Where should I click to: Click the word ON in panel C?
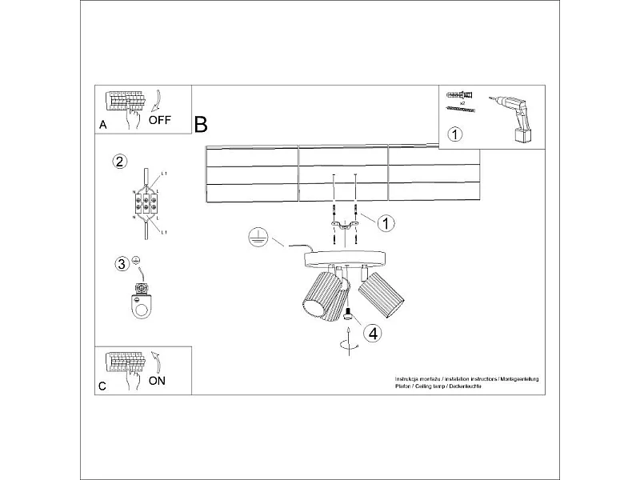[157, 381]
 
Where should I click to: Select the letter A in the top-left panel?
[102, 126]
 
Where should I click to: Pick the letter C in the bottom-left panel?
[102, 386]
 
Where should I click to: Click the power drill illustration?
[514, 118]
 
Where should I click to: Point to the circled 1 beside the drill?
[454, 134]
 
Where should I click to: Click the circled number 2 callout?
[119, 162]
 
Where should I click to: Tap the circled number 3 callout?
[122, 263]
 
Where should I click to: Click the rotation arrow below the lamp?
[347, 344]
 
